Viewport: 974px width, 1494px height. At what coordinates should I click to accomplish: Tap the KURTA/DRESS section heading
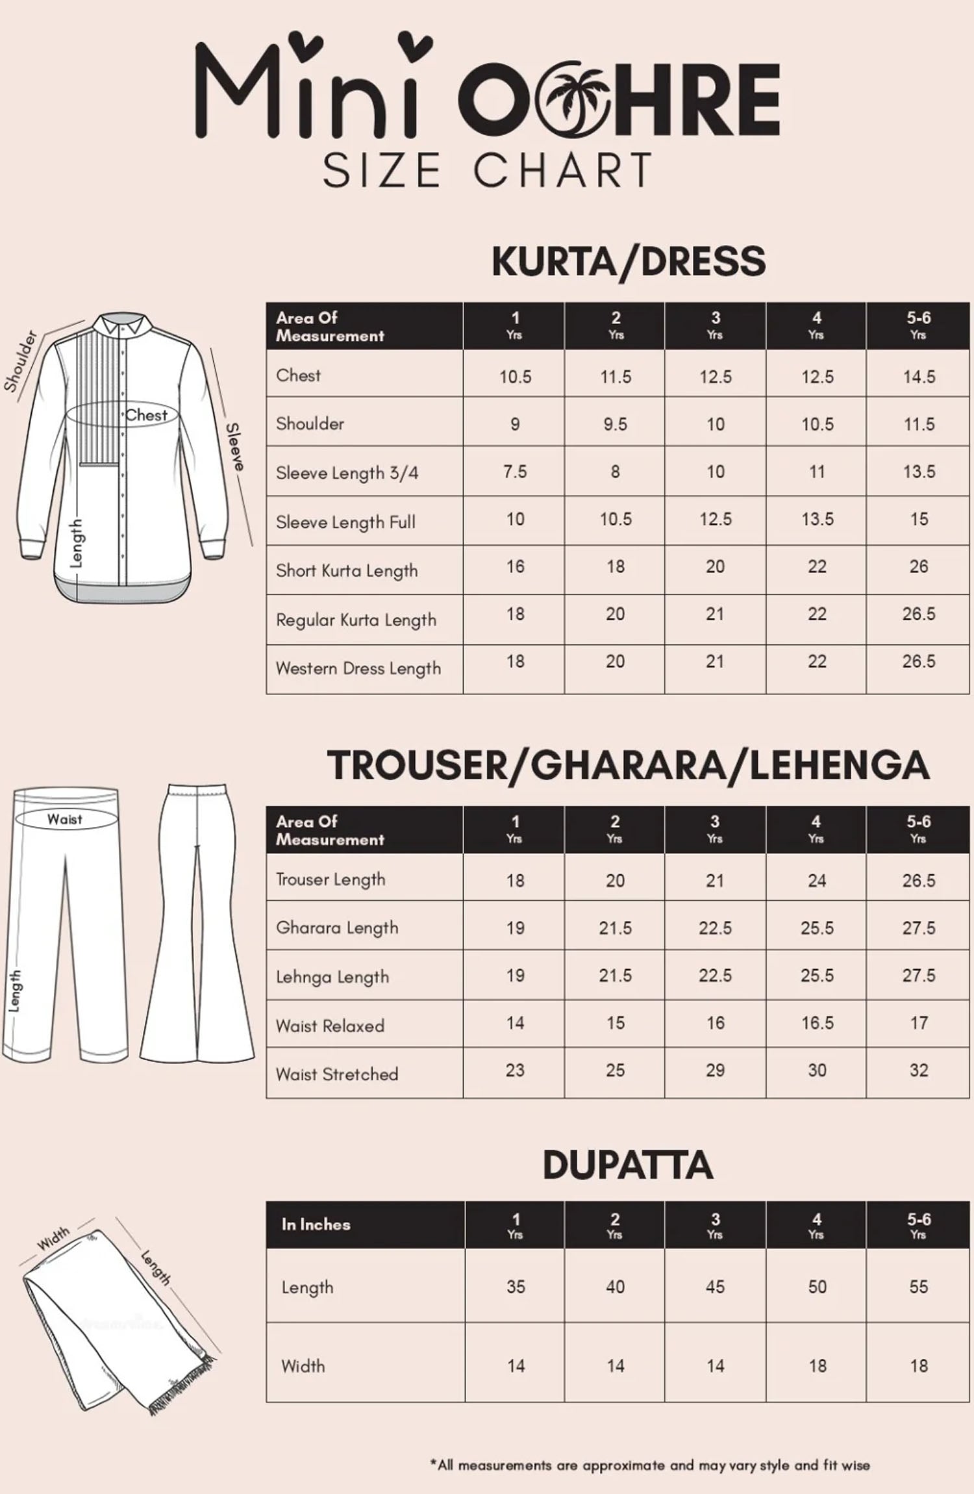click(x=629, y=261)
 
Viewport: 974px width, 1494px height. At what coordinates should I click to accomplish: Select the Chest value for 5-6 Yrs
click(x=918, y=377)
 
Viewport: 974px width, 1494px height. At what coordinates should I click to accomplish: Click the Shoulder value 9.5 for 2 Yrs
click(x=615, y=424)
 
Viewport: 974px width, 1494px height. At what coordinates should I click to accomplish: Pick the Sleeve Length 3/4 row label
click(x=347, y=473)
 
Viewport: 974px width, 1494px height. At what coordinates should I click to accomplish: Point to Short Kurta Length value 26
click(x=918, y=566)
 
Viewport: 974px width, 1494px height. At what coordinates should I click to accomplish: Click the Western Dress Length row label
click(x=358, y=668)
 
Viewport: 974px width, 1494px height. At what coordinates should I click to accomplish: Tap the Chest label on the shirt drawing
click(x=146, y=415)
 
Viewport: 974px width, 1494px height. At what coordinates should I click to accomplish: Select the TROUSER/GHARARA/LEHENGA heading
click(x=628, y=765)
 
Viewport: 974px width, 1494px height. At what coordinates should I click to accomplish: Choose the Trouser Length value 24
click(x=816, y=880)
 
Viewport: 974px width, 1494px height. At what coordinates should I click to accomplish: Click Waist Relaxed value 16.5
click(x=816, y=1023)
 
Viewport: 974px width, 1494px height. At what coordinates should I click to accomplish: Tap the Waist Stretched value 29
click(x=715, y=1070)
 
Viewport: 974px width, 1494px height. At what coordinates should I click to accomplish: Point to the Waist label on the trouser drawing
click(x=64, y=819)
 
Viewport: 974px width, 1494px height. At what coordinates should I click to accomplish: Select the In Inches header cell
click(x=316, y=1224)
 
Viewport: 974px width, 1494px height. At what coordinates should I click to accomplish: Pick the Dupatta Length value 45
click(x=715, y=1287)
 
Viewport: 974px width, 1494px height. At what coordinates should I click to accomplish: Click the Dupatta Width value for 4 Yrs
click(x=817, y=1366)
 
